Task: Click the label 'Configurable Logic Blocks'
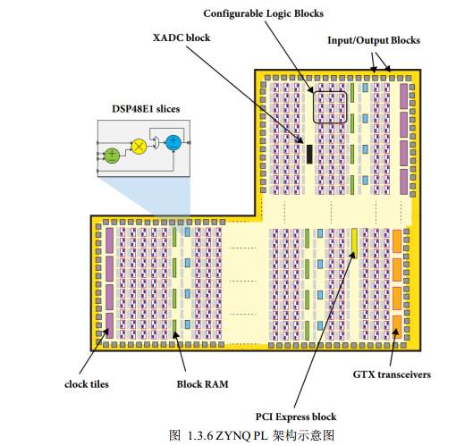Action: (x=263, y=13)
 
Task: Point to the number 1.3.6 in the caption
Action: (x=198, y=434)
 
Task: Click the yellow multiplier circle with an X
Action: (x=139, y=145)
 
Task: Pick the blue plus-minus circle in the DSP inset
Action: (x=173, y=142)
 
